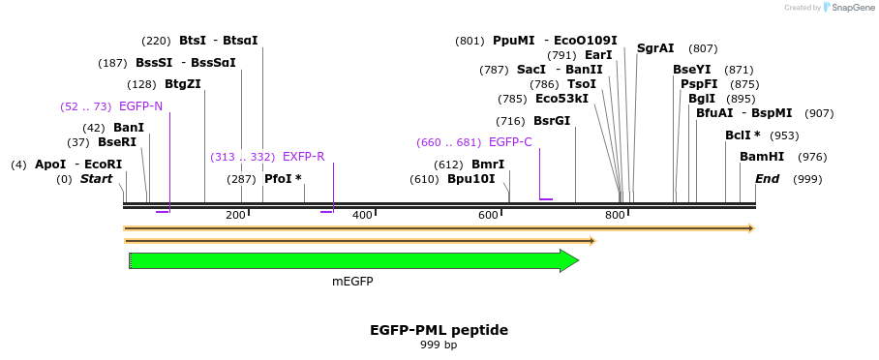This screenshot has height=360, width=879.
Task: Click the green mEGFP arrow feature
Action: coord(349,260)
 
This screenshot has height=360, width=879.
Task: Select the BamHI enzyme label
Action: coord(762,157)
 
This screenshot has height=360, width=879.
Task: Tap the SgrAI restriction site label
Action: coord(655,48)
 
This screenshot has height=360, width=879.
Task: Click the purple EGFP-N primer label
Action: coord(140,105)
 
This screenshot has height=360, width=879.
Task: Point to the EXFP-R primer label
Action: coord(303,157)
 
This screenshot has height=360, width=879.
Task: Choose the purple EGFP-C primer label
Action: coord(510,142)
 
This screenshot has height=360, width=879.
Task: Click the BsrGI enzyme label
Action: coord(552,121)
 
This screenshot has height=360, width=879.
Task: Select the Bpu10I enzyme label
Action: coord(470,179)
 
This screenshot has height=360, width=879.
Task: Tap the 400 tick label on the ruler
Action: coord(362,215)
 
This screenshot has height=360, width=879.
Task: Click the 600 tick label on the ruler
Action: coord(489,215)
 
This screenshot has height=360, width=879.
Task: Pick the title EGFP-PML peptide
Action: coord(439,330)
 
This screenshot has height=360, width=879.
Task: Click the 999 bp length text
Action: coord(439,345)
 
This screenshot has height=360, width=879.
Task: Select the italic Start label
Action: coord(97,179)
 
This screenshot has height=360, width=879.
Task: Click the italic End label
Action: coord(767,179)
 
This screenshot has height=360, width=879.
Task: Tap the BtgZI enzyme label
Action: coord(183,84)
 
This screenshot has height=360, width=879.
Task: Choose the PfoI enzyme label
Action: coord(283,179)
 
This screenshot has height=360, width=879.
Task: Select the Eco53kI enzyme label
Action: coord(561,99)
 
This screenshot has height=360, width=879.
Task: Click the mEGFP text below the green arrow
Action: coord(352,282)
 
